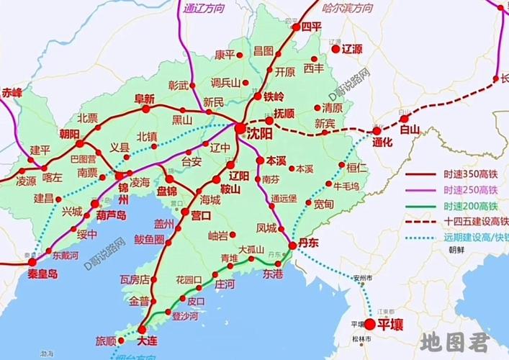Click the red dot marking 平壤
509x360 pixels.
[370, 325]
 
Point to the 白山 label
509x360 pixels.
[409, 130]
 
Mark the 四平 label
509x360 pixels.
[311, 26]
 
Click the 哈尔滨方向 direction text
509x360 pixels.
[348, 8]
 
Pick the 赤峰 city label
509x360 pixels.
[12, 92]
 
